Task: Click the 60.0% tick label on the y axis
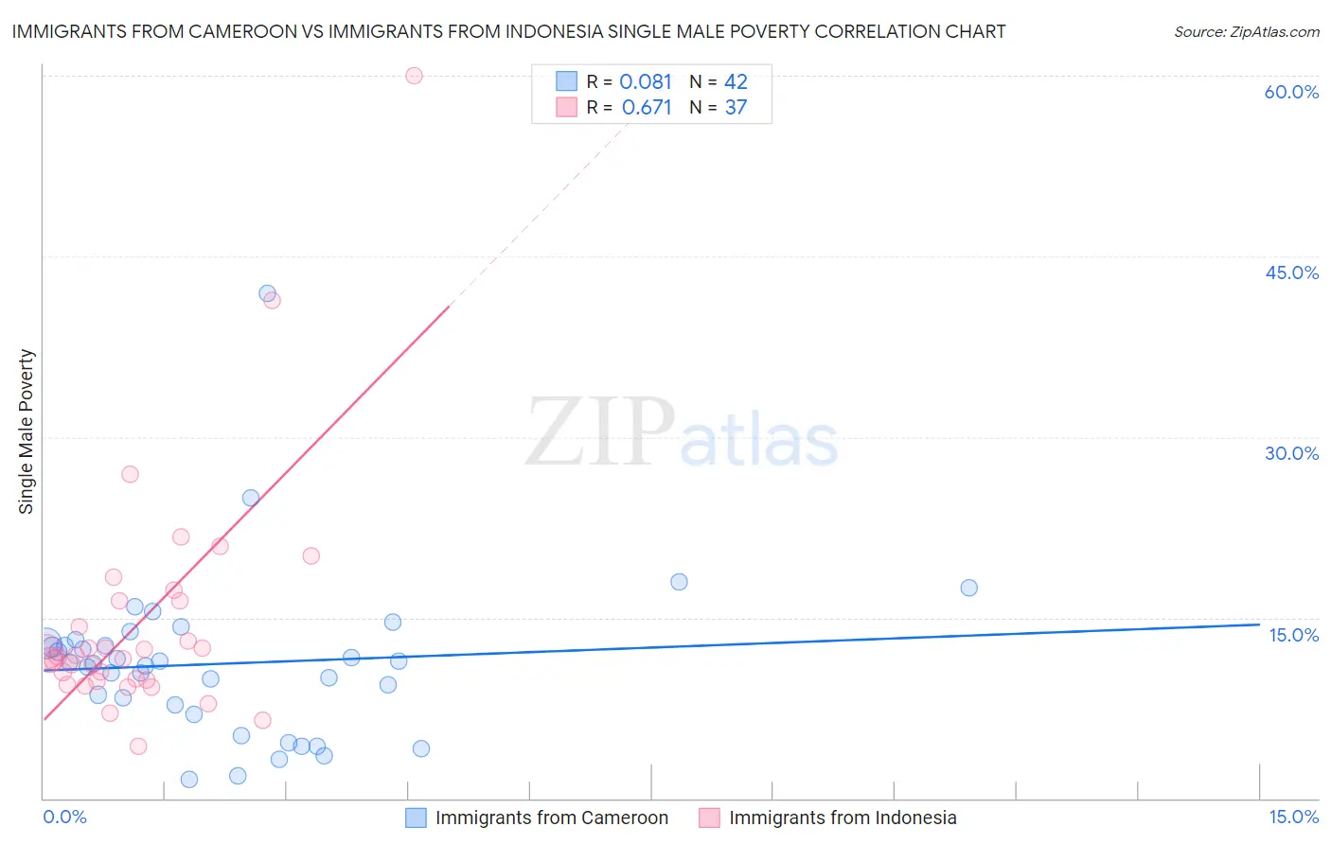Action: click(1291, 92)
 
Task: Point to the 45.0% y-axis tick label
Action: click(1291, 273)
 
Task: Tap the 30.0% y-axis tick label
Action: click(1291, 453)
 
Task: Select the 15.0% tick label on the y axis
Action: click(1293, 635)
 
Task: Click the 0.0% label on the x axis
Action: click(64, 817)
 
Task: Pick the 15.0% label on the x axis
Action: click(1293, 817)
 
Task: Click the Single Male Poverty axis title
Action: click(27, 431)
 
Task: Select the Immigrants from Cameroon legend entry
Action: click(551, 818)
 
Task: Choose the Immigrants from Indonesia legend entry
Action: click(842, 818)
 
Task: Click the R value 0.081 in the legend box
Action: click(646, 82)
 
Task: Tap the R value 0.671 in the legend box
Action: click(647, 108)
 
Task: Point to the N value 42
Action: click(736, 82)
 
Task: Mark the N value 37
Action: click(736, 108)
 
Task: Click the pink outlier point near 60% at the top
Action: click(414, 76)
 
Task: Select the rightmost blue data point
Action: click(968, 588)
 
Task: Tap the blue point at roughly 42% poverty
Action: click(267, 294)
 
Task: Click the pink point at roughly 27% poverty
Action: click(131, 474)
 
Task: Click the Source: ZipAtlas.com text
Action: click(1246, 32)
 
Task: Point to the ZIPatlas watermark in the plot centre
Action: click(682, 433)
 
